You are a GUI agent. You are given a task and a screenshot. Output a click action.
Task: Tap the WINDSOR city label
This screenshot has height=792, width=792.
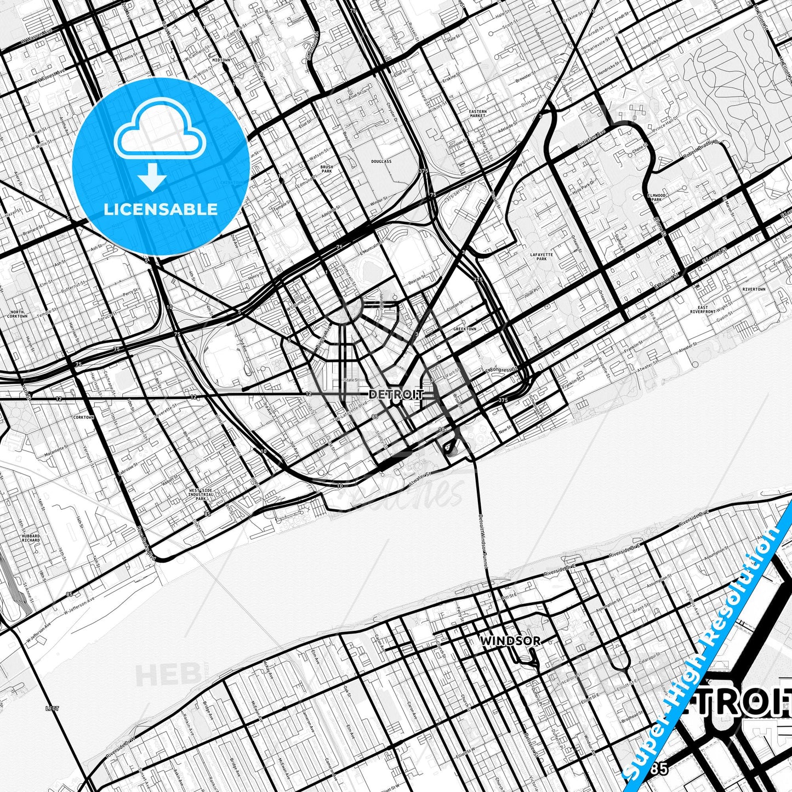510,640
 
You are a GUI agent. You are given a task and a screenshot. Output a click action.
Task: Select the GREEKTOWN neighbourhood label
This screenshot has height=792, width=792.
464,329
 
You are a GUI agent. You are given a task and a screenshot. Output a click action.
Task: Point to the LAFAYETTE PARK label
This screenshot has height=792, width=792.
542,257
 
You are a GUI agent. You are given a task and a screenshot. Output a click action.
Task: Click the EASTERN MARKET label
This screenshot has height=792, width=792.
477,114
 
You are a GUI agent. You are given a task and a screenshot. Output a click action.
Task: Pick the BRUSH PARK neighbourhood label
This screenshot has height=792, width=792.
326,169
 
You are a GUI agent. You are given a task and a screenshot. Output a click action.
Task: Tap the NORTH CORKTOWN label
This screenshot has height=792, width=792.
18,314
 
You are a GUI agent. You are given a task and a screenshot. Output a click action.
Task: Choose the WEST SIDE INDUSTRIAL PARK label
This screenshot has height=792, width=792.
201,494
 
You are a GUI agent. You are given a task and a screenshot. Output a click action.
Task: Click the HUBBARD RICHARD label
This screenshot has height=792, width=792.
31,538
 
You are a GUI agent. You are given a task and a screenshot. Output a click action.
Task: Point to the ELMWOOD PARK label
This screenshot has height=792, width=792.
656,197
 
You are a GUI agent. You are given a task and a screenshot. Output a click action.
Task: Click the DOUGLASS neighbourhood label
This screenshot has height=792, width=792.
381,162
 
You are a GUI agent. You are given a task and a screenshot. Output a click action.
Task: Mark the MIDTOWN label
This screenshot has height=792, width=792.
221,60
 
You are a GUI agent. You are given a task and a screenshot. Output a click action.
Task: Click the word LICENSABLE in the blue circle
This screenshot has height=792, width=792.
161,209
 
